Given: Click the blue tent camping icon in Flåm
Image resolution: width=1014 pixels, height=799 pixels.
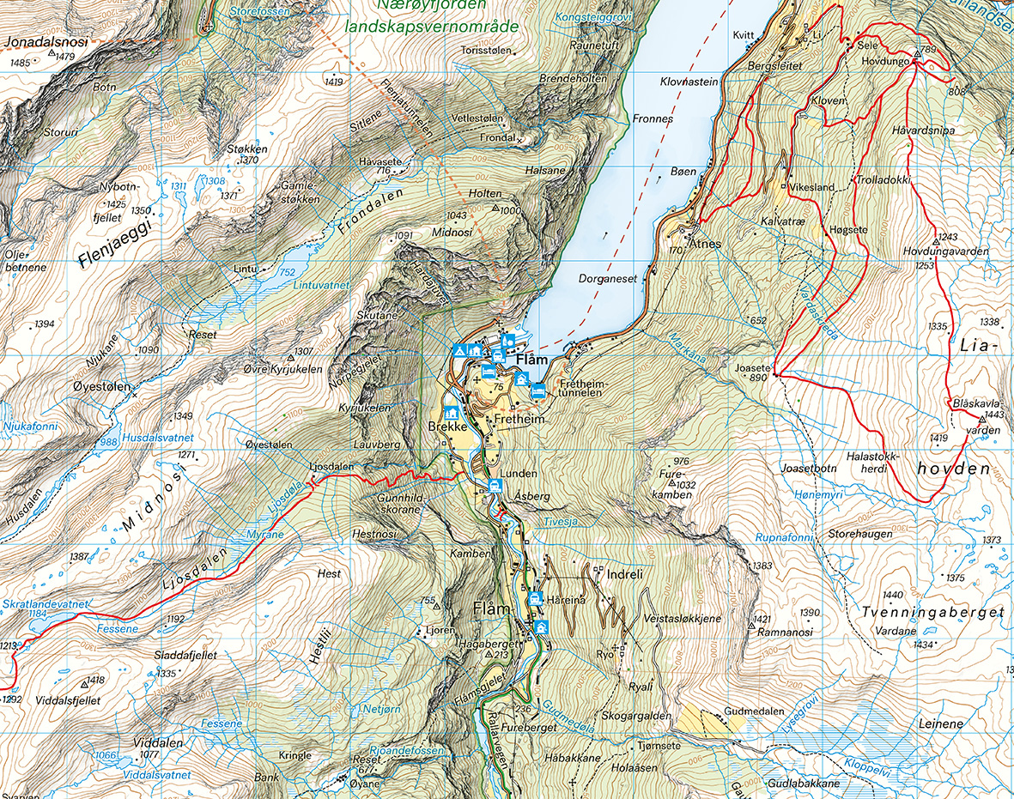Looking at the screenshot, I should coord(459,350).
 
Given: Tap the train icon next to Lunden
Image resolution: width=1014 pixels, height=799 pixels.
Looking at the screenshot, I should coord(495,487).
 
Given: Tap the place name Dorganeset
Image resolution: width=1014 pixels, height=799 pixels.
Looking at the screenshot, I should coord(607,278).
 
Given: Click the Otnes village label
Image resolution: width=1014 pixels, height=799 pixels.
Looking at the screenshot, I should coord(704,244).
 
